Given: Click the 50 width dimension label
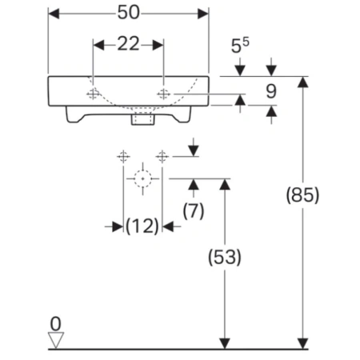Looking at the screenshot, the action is [x=129, y=13].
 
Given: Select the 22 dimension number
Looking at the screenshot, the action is [x=128, y=44].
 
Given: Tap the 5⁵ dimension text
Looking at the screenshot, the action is [x=240, y=46].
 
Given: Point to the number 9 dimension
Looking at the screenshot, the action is [x=271, y=91].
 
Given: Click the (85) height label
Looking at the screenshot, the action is [x=302, y=195].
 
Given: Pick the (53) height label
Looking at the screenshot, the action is [x=225, y=257].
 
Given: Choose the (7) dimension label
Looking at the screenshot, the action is [x=194, y=210].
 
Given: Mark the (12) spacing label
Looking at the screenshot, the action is [x=142, y=226].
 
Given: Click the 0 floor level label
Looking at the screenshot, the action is [x=56, y=324].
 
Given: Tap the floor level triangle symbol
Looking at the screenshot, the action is [x=56, y=340].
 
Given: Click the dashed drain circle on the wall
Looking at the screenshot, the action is [x=143, y=178].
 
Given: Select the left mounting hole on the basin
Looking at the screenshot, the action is [x=93, y=94].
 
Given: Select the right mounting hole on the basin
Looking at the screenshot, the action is [x=164, y=94].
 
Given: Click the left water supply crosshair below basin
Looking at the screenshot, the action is [x=123, y=157].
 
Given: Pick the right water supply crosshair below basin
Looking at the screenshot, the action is [x=162, y=157].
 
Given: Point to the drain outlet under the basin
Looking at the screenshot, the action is [x=143, y=118].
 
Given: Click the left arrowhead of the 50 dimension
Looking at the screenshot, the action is [x=54, y=14].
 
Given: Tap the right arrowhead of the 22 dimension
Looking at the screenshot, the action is [x=158, y=45].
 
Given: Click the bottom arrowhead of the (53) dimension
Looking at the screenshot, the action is [x=225, y=343].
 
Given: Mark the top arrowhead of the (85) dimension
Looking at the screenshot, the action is [x=302, y=82].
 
